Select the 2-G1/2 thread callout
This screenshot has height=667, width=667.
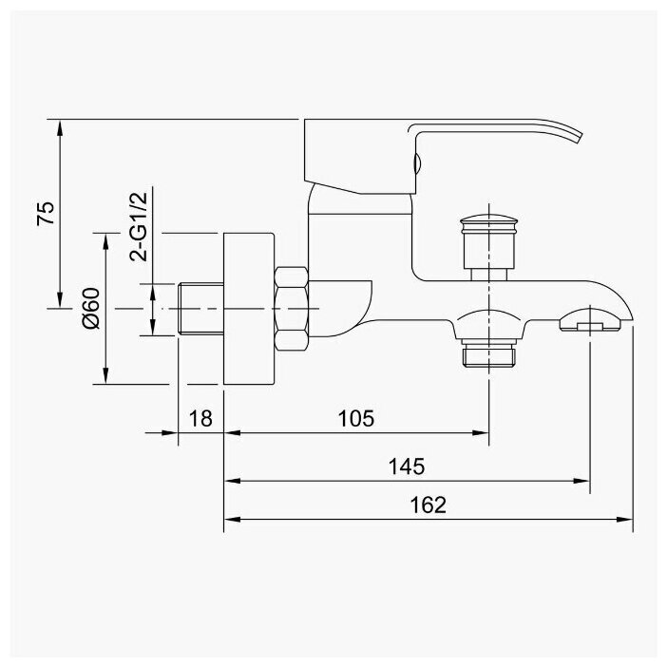pos(138,225)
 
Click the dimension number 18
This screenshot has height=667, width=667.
pos(200,418)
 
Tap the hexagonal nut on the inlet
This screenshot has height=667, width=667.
pos(291,307)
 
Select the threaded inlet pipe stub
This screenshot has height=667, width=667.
pos(200,307)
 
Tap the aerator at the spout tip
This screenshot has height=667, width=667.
pos(591,327)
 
